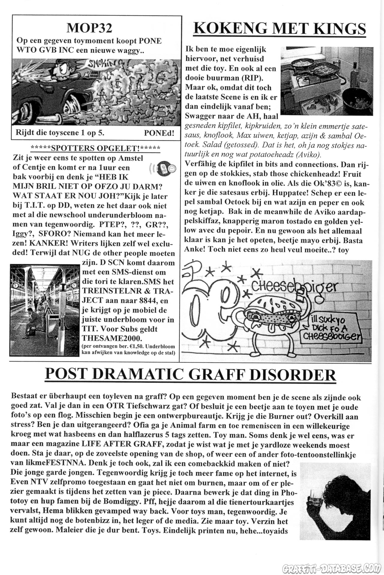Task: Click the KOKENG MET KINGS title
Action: pos(280,29)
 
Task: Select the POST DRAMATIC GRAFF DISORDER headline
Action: pos(190,375)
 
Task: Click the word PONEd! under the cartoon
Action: pos(159,133)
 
